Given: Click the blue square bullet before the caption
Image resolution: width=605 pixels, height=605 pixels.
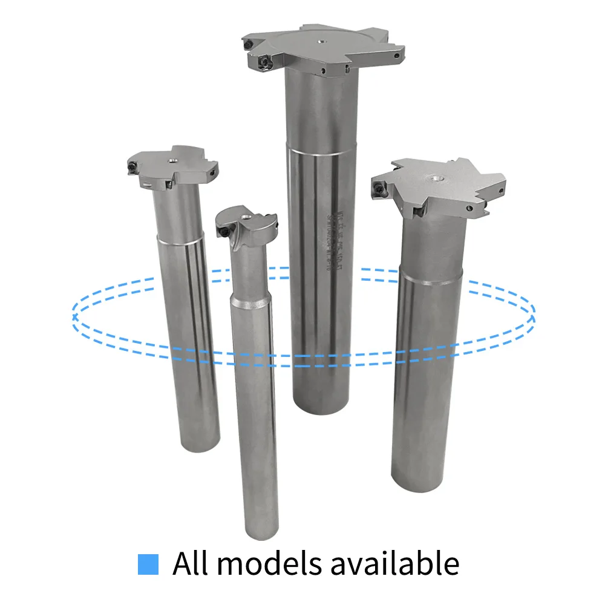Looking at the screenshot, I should (x=148, y=564).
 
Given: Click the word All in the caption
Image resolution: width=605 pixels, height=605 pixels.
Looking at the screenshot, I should (x=192, y=563).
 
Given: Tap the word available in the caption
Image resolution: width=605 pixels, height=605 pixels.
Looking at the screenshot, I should (x=399, y=563).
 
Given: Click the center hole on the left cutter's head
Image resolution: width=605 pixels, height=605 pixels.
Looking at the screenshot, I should (x=172, y=160).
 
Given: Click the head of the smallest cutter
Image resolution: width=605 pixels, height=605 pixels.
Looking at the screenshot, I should (x=248, y=227).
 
